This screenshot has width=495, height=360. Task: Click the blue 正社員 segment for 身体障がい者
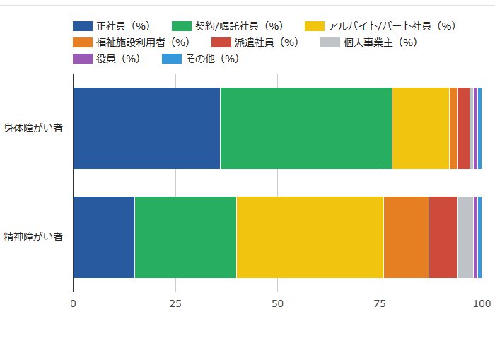point(146,129)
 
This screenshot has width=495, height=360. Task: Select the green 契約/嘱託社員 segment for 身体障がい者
point(305,129)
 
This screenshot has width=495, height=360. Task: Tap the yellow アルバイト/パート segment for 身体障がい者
point(420,129)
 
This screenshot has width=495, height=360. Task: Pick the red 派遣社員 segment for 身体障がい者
point(463,129)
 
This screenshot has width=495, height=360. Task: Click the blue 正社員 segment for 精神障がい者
point(103,237)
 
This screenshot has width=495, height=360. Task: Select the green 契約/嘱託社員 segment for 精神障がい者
point(185,237)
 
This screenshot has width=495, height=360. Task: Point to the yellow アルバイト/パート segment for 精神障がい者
point(310,237)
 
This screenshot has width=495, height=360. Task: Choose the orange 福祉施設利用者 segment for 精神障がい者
point(406,237)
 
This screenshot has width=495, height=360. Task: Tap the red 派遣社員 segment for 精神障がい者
point(443,237)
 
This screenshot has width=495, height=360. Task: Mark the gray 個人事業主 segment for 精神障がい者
point(465,237)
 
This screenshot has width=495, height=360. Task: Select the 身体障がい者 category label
point(33,129)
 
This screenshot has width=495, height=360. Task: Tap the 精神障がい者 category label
point(33,237)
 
